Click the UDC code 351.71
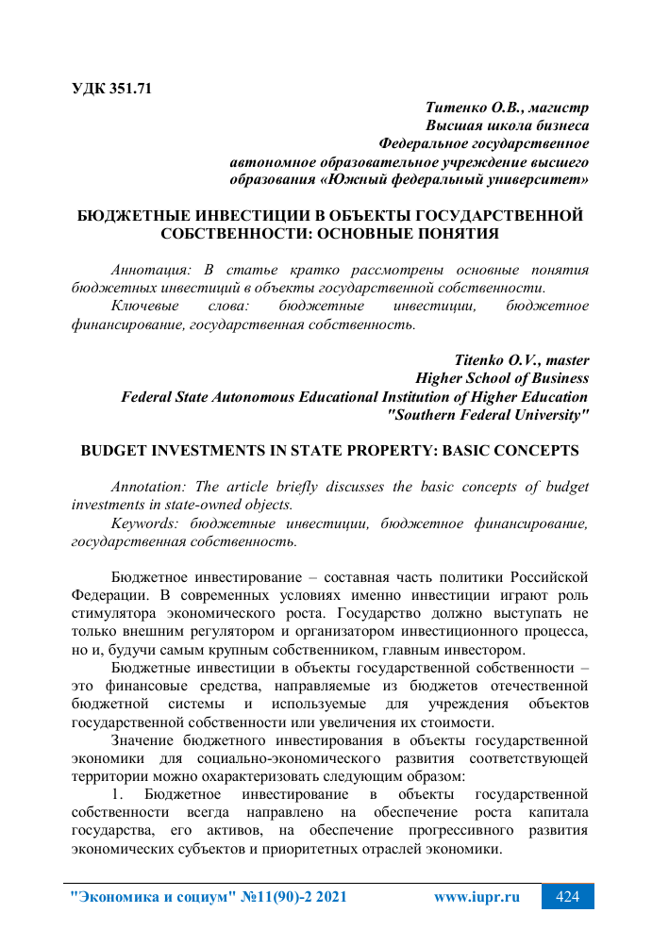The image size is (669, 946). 127,90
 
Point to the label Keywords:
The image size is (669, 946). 147,523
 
